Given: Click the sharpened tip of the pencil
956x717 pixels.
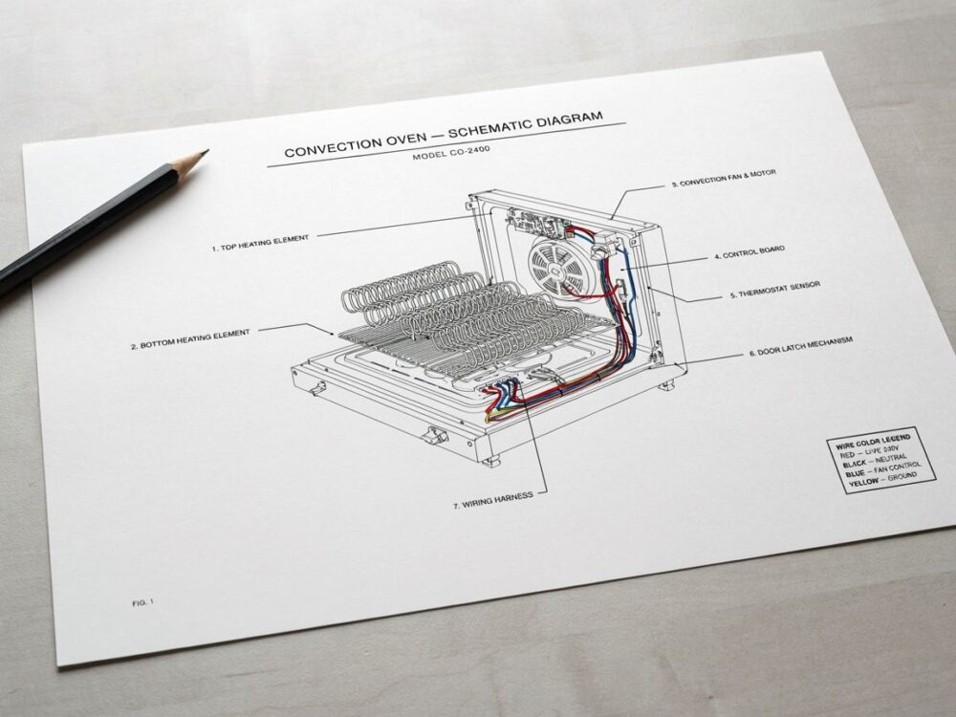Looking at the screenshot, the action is (206, 151).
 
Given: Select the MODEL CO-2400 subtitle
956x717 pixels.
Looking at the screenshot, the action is (450, 152).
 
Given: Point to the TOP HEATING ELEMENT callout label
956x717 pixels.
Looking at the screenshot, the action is (260, 243).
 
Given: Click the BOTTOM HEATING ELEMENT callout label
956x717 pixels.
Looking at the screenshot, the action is (190, 339).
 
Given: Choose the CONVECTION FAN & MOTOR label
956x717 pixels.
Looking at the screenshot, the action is (724, 178).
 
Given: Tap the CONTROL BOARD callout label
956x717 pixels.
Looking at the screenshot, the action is (750, 252).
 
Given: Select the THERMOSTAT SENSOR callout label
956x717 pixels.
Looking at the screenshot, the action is (775, 290).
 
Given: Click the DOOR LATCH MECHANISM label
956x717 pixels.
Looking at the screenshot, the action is (800, 346).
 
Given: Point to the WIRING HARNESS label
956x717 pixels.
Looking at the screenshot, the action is (492, 500).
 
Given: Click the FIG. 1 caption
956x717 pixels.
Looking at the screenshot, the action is (142, 602).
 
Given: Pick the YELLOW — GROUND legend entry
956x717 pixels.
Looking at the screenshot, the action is (882, 479).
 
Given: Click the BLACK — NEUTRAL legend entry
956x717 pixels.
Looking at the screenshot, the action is (875, 461).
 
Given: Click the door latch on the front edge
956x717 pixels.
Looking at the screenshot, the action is (435, 435).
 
